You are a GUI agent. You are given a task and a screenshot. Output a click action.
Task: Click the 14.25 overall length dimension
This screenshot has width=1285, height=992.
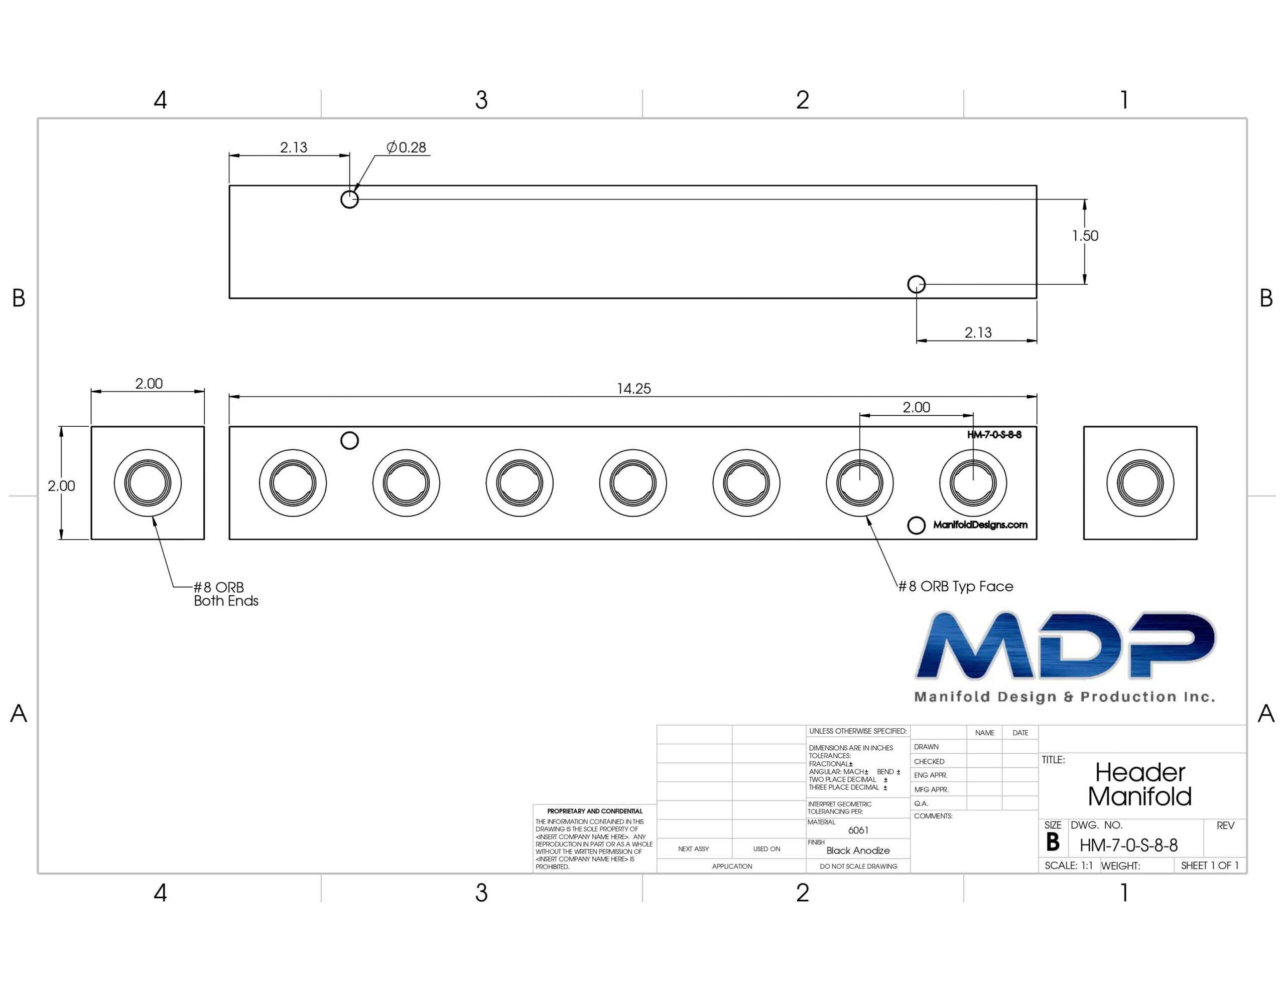tap(633, 388)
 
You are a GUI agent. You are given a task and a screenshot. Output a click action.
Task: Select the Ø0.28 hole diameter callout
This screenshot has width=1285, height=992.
tap(406, 147)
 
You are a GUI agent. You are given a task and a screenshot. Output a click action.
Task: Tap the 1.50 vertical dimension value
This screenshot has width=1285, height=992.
tap(1085, 236)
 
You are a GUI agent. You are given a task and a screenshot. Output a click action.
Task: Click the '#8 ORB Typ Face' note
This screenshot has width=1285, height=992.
tap(956, 586)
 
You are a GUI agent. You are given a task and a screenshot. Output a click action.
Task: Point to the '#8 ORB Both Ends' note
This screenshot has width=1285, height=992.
tap(226, 594)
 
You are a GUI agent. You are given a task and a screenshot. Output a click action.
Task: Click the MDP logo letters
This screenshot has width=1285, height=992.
tap(1066, 645)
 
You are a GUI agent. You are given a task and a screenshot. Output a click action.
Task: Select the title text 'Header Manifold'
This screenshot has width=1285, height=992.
tap(1139, 784)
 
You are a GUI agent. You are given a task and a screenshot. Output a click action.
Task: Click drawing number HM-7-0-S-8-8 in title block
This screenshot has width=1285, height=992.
tap(1128, 846)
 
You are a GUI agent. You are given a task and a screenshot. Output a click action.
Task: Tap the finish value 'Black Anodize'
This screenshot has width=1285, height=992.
tap(858, 850)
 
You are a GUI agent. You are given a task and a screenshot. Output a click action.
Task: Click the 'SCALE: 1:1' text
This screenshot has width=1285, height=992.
tap(1069, 866)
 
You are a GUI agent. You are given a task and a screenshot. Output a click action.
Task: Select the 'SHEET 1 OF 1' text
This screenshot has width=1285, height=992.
tap(1210, 866)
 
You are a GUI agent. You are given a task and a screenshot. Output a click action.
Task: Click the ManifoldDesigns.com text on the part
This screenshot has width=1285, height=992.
tap(980, 525)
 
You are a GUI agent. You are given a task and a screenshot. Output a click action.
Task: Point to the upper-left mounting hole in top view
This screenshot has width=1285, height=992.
tap(349, 199)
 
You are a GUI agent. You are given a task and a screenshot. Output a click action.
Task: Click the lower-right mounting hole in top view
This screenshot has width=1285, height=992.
tap(916, 284)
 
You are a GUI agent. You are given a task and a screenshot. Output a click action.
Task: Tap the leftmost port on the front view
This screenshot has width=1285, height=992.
tap(293, 483)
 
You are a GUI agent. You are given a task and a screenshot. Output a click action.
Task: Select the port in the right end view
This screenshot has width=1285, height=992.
tap(1140, 483)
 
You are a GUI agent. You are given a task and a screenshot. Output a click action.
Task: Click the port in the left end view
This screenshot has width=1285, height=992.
tap(148, 483)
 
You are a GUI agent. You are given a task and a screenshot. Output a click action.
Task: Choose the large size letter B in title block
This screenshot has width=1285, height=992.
tap(1053, 842)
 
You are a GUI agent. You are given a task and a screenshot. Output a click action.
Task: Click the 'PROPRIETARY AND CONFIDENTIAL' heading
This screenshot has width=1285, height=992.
tap(595, 811)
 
